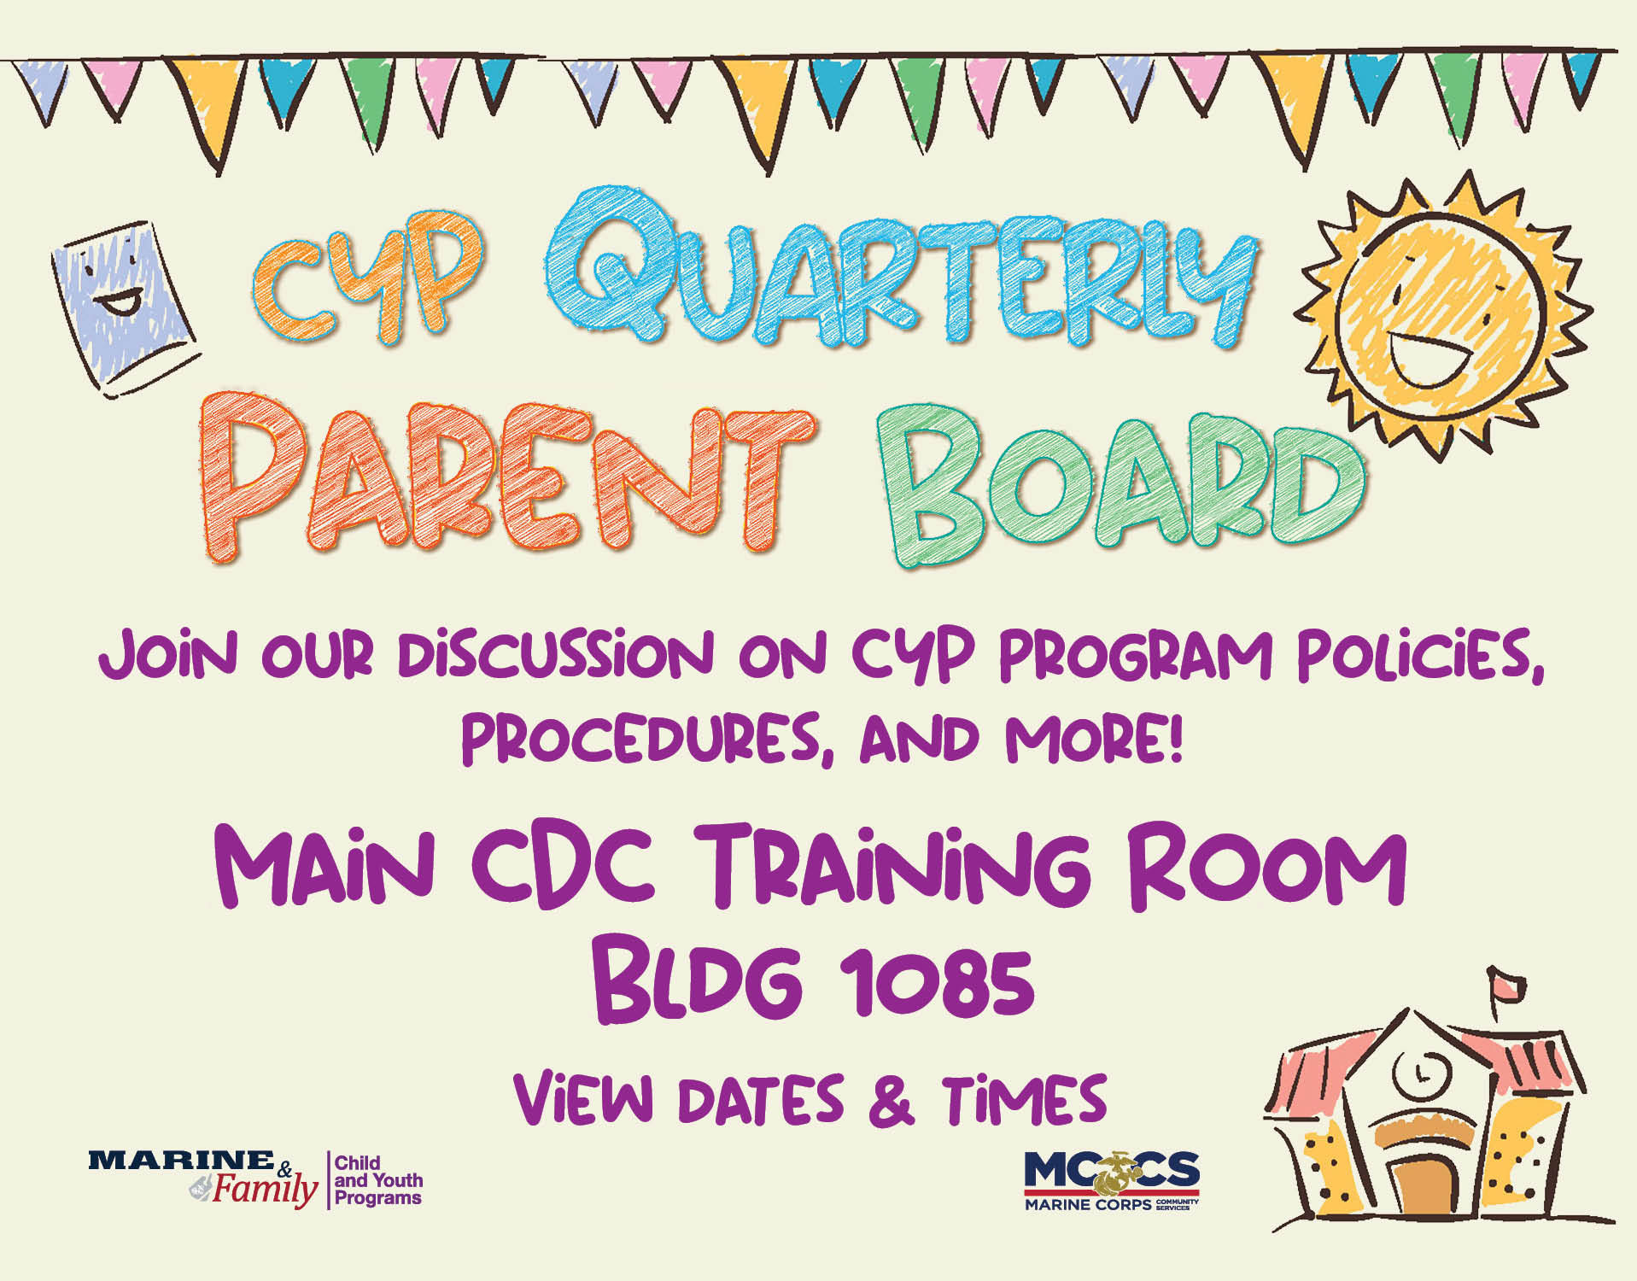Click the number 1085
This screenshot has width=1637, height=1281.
pos(936,981)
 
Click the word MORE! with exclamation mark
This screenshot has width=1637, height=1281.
pos(1094,739)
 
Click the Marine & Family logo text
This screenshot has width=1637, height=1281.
pos(202,1179)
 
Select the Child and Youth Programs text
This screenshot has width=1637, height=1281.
pos(378,1179)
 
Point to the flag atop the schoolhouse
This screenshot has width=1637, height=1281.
pos(1507,986)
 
